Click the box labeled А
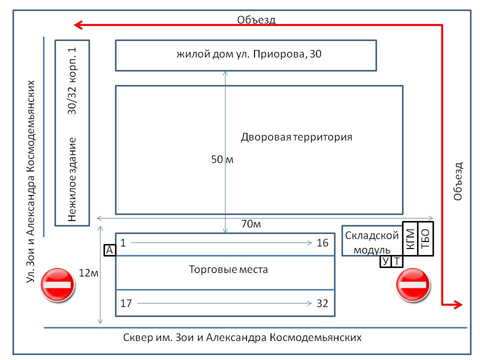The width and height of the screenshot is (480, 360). pyautogui.click(x=109, y=250)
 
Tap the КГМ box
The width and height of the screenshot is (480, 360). pyautogui.click(x=410, y=239)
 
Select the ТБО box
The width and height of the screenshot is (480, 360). pyautogui.click(x=426, y=239)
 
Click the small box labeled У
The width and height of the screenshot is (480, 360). pyautogui.click(x=385, y=261)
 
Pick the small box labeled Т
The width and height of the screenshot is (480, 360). pyautogui.click(x=396, y=261)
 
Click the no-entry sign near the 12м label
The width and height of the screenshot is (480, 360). pyautogui.click(x=57, y=284)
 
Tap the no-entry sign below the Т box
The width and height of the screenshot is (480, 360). pyautogui.click(x=413, y=284)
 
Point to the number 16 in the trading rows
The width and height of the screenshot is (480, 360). pyautogui.click(x=322, y=243)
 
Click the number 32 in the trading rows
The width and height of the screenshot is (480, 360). pyautogui.click(x=322, y=303)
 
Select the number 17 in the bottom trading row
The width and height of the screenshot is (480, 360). pyautogui.click(x=126, y=303)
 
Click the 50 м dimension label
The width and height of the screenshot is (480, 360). pyautogui.click(x=222, y=159)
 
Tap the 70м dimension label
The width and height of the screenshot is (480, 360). pyautogui.click(x=251, y=224)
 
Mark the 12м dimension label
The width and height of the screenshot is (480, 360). pyautogui.click(x=88, y=273)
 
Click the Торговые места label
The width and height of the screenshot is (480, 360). pyautogui.click(x=228, y=269)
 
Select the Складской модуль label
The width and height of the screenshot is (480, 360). pyautogui.click(x=372, y=243)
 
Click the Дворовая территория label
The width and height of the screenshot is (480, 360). pyautogui.click(x=296, y=137)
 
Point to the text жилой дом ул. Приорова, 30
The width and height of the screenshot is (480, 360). pyautogui.click(x=249, y=54)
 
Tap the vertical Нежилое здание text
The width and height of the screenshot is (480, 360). pyautogui.click(x=72, y=179)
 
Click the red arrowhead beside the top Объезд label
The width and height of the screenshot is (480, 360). pyautogui.click(x=78, y=25)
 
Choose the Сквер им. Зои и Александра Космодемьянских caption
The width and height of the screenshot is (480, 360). pyautogui.click(x=242, y=337)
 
